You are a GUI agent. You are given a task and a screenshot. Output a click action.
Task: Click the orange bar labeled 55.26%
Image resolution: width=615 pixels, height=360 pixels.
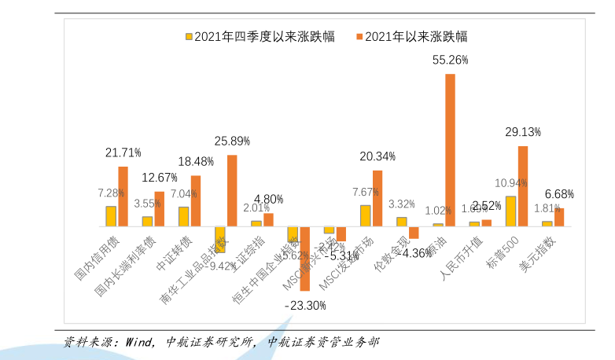click(x=450, y=150)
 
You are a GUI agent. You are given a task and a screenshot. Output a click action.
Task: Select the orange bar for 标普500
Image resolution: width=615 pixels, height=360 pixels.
click(x=522, y=186)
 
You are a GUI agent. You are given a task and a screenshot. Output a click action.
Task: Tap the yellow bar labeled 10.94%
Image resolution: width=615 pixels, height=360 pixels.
click(x=510, y=211)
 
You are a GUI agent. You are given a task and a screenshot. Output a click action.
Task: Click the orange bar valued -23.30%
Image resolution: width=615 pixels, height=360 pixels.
click(x=305, y=259)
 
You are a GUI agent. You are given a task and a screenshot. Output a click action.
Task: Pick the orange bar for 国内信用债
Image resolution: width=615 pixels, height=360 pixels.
click(x=123, y=197)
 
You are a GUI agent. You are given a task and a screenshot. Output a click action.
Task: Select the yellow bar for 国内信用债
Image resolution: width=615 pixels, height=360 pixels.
click(x=111, y=216)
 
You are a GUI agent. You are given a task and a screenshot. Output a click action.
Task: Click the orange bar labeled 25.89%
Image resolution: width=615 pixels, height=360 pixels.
click(x=232, y=191)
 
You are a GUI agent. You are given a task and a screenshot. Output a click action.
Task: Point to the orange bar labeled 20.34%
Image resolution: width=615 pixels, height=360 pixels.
click(x=377, y=198)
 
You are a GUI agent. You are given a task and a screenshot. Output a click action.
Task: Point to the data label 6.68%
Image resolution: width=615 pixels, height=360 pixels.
click(x=559, y=193)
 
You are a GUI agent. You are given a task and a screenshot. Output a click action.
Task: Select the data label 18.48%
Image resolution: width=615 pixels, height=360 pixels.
click(x=196, y=161)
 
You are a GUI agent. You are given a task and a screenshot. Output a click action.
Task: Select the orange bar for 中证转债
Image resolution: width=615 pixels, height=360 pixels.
click(x=196, y=200)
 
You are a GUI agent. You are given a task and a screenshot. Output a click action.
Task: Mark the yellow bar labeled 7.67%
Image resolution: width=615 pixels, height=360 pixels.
click(x=366, y=215)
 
